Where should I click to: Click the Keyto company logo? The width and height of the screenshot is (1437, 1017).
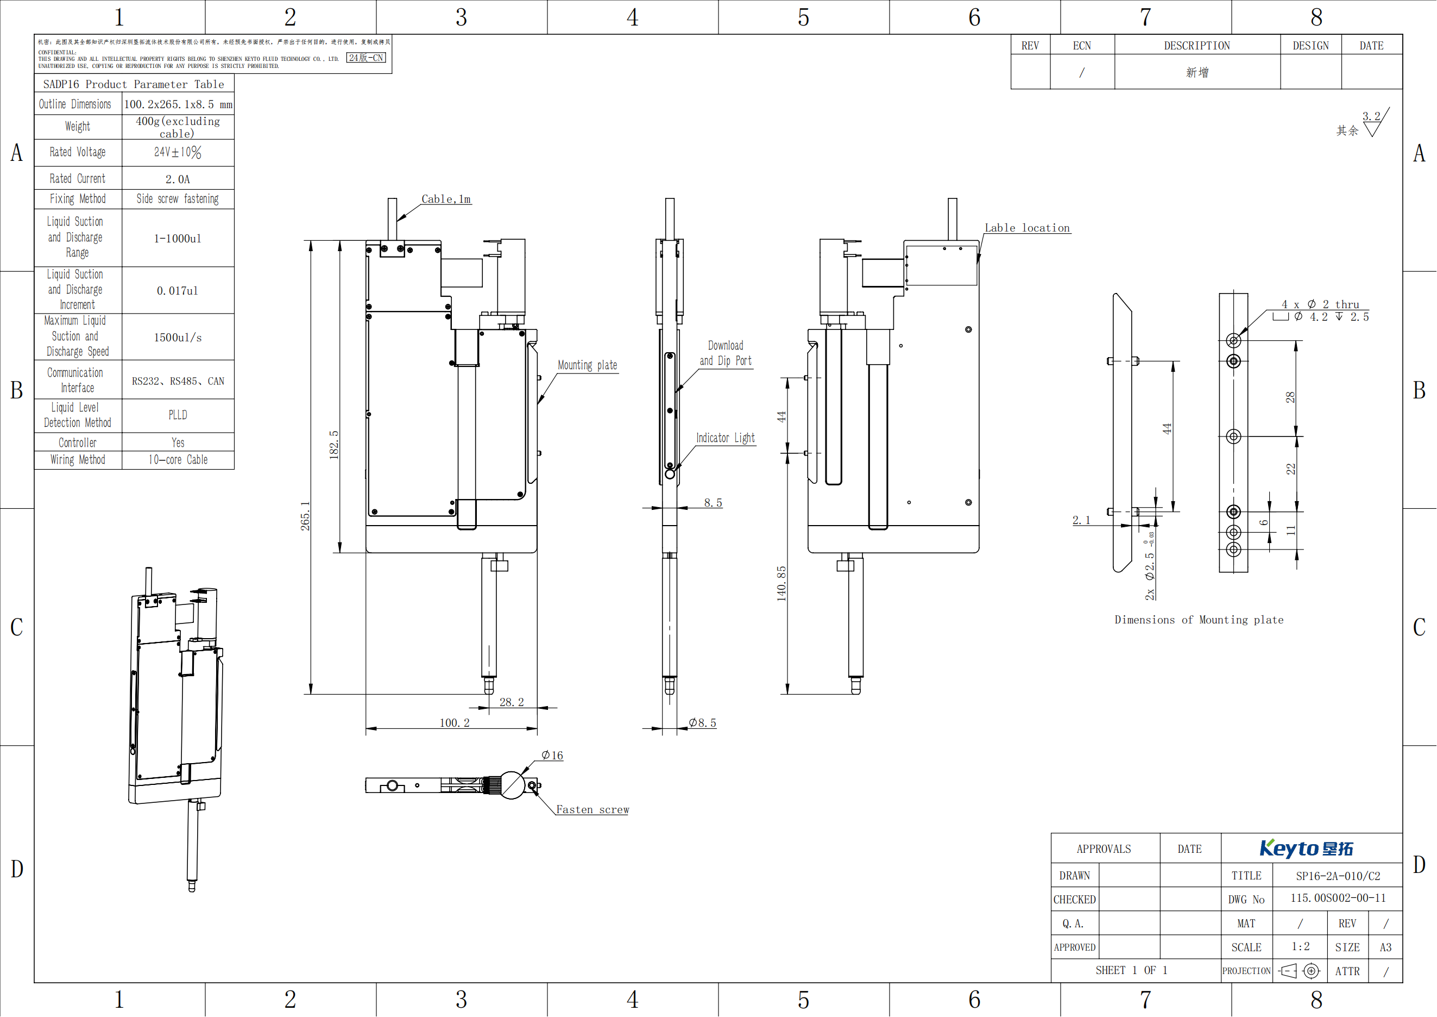point(1306,848)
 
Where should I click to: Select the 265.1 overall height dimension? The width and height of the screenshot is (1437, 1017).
point(305,516)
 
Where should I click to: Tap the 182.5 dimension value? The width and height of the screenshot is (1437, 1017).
point(334,445)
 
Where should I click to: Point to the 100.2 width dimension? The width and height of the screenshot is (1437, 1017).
point(455,723)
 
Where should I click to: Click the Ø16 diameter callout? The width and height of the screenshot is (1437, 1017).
point(552,755)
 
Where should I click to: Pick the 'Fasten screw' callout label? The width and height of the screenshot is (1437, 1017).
point(592,810)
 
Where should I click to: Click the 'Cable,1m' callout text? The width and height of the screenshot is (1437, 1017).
point(446,199)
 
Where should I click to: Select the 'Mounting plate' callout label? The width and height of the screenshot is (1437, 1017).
point(587,365)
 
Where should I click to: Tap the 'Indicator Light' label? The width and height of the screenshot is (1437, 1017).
point(726,438)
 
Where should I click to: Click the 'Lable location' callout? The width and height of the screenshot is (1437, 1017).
point(1027,228)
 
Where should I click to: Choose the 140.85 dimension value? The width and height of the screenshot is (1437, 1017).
point(781,584)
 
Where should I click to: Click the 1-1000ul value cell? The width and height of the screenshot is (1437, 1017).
point(178,239)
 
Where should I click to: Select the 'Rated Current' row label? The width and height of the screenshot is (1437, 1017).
point(78,178)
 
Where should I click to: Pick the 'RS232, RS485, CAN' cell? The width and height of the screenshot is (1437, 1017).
point(178,380)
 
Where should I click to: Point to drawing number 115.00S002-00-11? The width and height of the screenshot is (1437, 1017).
point(1338,898)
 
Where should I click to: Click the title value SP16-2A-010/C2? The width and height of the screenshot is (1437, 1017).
point(1338,876)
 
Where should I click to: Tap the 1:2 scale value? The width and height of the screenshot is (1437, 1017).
point(1300,946)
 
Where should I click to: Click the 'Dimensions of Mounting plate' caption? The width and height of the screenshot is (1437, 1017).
point(1199,620)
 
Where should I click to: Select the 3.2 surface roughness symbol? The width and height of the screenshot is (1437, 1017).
point(1375,122)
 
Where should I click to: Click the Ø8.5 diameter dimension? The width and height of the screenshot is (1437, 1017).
point(702,723)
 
